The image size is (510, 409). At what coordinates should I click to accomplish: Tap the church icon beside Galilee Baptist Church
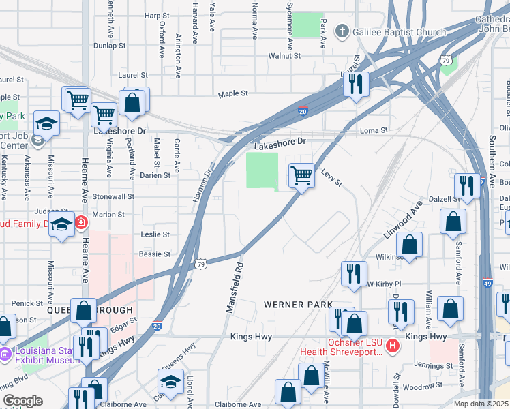[342, 32]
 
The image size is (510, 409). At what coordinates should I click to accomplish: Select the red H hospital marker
[392, 346]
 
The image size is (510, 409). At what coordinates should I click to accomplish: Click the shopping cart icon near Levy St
[301, 176]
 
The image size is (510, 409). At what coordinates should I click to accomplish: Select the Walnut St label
[284, 55]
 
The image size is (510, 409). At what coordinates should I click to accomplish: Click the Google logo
[22, 401]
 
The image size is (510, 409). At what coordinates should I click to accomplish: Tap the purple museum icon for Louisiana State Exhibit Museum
[5, 353]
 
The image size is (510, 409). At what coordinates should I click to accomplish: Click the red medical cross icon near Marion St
[81, 222]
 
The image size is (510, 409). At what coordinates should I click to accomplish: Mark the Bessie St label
[154, 254]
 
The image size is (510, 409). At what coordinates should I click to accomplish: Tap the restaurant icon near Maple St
[355, 84]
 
